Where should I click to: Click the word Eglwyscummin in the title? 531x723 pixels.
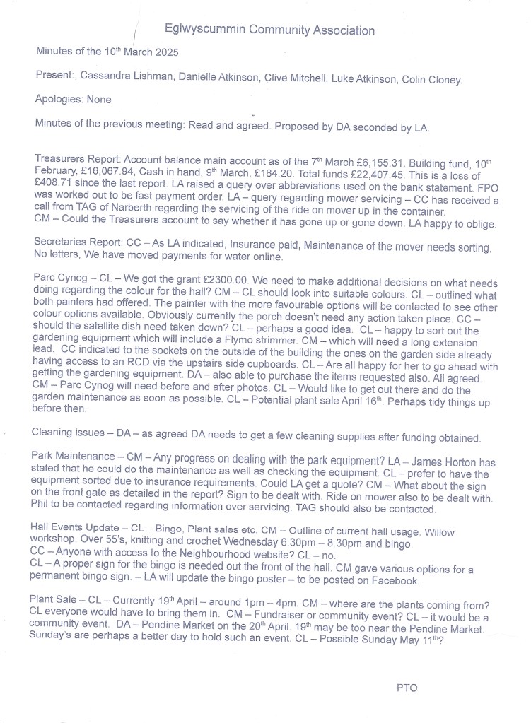coord(203,30)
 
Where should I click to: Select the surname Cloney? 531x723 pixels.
coord(444,80)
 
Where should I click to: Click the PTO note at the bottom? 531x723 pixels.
coord(407,686)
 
